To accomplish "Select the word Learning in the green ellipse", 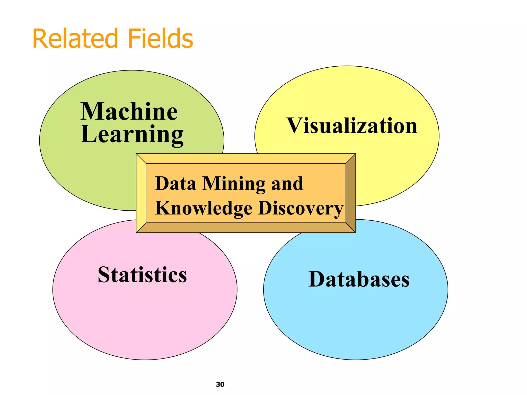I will coord(132,134).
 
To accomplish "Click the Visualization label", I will coord(352,126).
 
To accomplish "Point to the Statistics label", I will coord(142,275).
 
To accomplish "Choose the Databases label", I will coord(359,279).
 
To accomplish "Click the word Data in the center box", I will coord(175,184).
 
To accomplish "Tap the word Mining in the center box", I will coord(234,184).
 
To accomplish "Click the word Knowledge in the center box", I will coord(204,208).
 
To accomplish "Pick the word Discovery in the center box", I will coord(301,208).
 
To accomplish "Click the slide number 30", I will coord(220,384).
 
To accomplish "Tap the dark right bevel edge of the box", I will coord(351,193).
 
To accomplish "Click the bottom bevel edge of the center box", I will coord(246,228).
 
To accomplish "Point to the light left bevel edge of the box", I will coord(141,193).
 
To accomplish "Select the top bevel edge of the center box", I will coord(246,158).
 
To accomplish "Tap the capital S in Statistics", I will coord(104,275).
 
